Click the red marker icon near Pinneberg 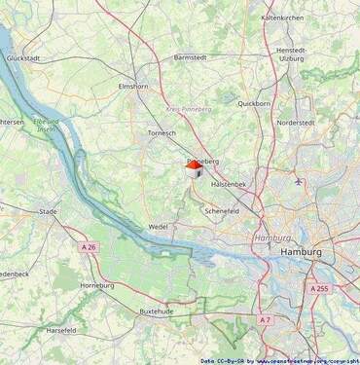[x=195, y=168]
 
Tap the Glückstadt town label [x=22, y=58]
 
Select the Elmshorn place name [x=132, y=87]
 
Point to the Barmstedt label [x=191, y=57]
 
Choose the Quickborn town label [x=254, y=103]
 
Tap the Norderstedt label [x=295, y=123]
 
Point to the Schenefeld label [x=222, y=210]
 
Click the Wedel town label [x=158, y=226]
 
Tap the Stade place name [x=48, y=210]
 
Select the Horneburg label [x=96, y=285]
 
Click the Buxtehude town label [x=157, y=310]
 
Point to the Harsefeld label [x=60, y=330]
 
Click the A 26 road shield [x=88, y=247]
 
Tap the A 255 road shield [x=319, y=289]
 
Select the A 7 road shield [x=265, y=319]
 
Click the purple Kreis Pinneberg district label [x=190, y=110]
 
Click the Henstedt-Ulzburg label [x=291, y=54]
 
